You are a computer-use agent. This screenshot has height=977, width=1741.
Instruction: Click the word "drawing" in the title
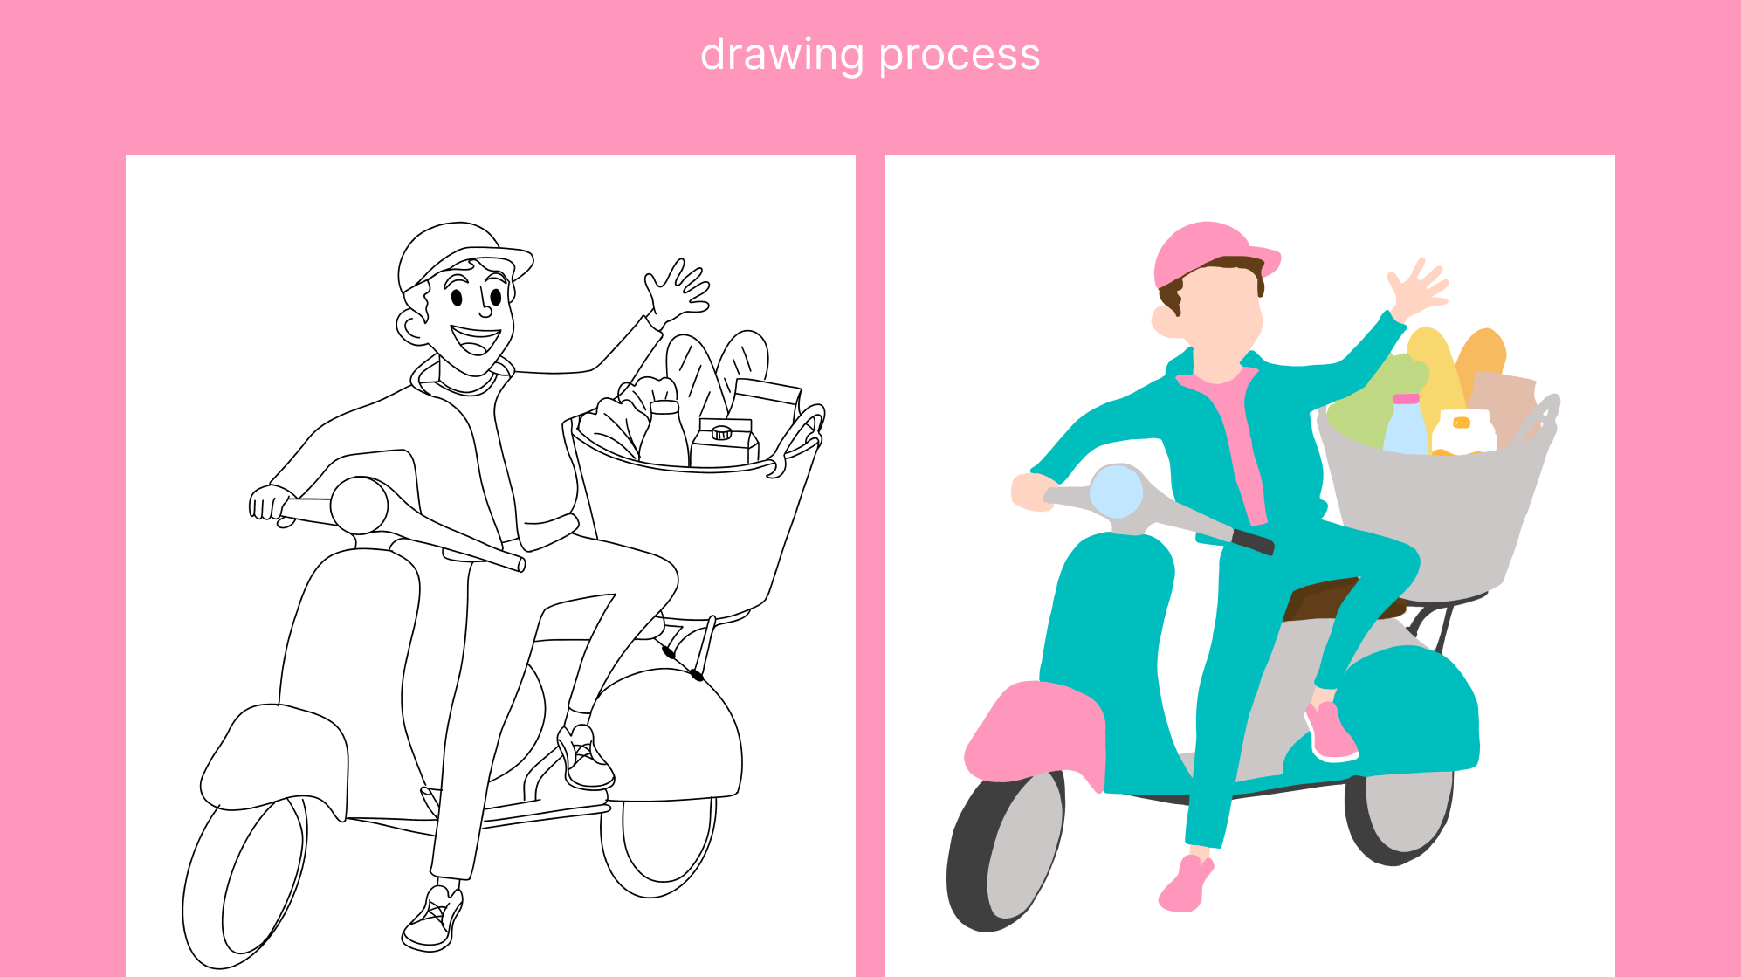coord(781,56)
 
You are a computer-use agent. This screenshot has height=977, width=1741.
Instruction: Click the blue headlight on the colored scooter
coord(1117,492)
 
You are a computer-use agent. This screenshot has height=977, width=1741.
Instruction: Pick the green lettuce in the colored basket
coord(1375,402)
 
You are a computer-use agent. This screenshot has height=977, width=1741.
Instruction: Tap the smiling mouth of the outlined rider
coord(475,340)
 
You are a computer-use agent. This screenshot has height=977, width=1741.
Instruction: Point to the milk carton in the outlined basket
coord(724,443)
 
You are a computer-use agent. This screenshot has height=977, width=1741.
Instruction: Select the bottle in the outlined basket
coord(664,433)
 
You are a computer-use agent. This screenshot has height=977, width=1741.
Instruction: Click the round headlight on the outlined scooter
coord(359,505)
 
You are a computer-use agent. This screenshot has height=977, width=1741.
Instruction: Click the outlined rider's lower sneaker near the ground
coord(433,919)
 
